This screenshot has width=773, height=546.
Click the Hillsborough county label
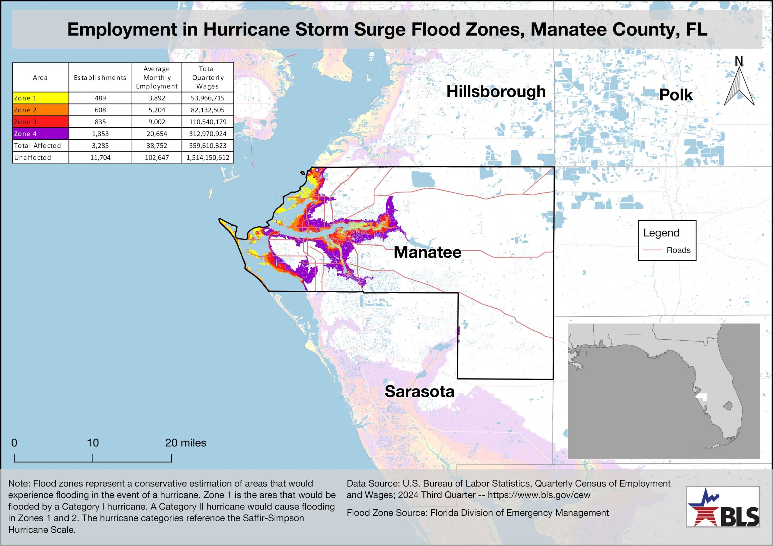496,91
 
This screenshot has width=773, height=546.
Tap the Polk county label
676,95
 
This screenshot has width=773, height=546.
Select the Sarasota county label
419,391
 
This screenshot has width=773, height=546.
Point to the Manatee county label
427,252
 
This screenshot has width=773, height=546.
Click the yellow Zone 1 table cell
40,98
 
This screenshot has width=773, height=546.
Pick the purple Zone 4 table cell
40,134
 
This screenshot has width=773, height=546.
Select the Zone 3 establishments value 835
100,122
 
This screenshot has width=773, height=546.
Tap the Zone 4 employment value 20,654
157,134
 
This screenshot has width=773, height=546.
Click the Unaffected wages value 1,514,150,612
208,157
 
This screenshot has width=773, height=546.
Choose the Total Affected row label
37,146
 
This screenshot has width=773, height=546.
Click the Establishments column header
100,78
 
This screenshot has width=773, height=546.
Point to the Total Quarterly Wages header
208,78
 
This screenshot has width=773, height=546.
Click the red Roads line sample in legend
653,250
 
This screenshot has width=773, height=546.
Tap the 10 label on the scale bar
93,443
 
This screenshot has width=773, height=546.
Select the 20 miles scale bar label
185,443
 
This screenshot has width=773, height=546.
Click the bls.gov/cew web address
539,495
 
